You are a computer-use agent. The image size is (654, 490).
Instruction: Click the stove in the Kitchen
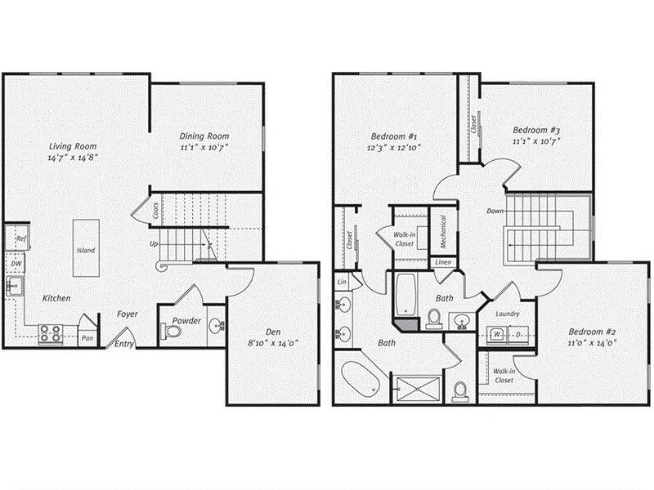51,333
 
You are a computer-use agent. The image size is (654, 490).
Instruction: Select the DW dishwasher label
16,264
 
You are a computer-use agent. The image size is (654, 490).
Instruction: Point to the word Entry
125,344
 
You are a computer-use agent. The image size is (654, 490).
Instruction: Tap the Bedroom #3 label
535,130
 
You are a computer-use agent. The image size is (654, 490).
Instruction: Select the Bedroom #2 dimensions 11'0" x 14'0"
587,344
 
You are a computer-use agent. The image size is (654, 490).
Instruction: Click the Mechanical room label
442,232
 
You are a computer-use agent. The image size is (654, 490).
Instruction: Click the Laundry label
508,313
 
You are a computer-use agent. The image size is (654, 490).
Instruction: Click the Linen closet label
442,262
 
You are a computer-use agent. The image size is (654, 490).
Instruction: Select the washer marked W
497,334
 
